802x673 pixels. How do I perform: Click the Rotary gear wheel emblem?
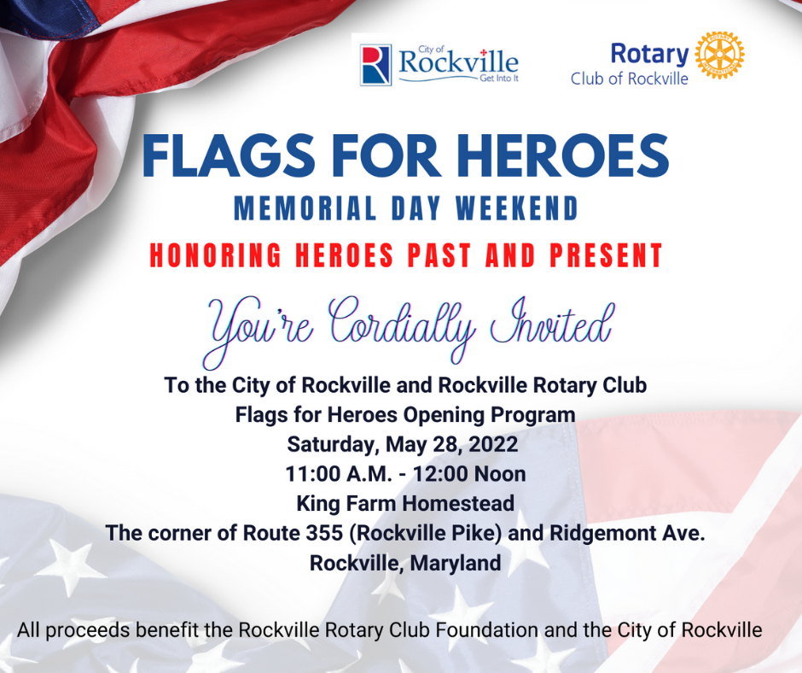[x=719, y=55]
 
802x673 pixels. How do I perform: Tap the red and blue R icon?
[x=376, y=65]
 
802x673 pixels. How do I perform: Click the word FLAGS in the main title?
[x=228, y=155]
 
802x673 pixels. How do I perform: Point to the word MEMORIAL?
[x=305, y=208]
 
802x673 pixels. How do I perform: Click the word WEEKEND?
[x=517, y=208]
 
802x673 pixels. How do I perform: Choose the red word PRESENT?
[x=606, y=255]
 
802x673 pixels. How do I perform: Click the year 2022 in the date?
[x=493, y=444]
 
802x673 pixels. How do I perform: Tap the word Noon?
[x=499, y=474]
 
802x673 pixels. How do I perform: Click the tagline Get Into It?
[x=499, y=79]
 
